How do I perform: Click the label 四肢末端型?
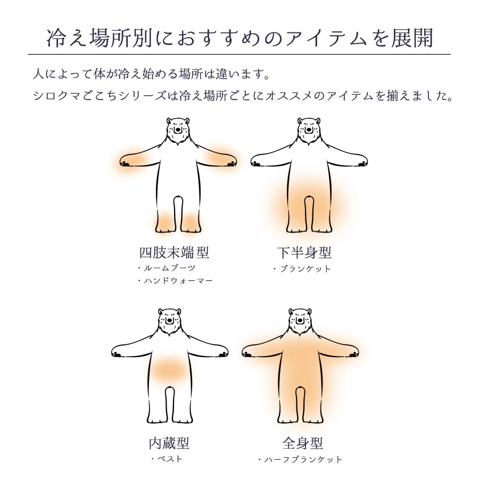(174, 253)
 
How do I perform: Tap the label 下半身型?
(304, 253)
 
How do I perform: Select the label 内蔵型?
(169, 443)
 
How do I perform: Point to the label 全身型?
(302, 443)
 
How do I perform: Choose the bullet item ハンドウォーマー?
(175, 280)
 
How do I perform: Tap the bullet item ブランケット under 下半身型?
(302, 269)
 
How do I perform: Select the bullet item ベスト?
(167, 459)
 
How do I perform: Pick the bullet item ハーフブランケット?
(300, 460)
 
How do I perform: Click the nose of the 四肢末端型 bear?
(178, 130)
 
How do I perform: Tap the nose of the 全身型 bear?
(300, 320)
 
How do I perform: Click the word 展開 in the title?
(412, 38)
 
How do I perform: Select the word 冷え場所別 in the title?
(100, 38)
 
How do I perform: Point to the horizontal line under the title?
(240, 54)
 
